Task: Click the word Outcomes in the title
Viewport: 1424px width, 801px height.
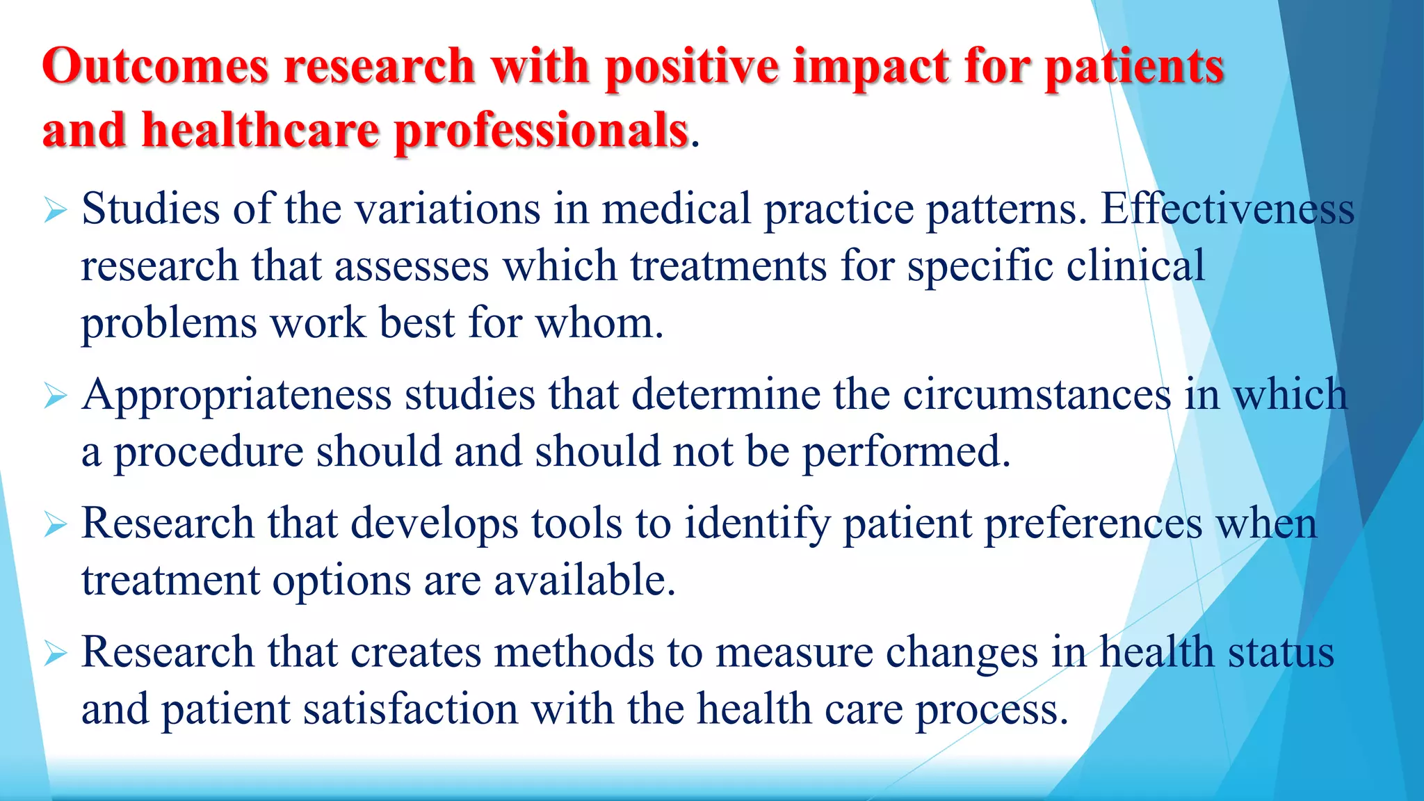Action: click(x=155, y=67)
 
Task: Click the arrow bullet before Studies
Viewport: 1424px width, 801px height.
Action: click(x=55, y=210)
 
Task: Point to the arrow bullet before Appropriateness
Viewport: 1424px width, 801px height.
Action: click(x=55, y=396)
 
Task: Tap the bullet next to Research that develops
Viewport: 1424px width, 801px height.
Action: click(x=55, y=524)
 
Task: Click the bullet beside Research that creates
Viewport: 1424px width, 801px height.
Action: click(x=55, y=654)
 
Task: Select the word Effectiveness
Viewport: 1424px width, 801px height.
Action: click(x=1227, y=209)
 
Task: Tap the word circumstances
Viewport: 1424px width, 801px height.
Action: click(x=1037, y=395)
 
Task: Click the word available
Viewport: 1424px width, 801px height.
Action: click(x=584, y=581)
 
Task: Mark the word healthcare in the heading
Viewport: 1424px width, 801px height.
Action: click(x=261, y=131)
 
